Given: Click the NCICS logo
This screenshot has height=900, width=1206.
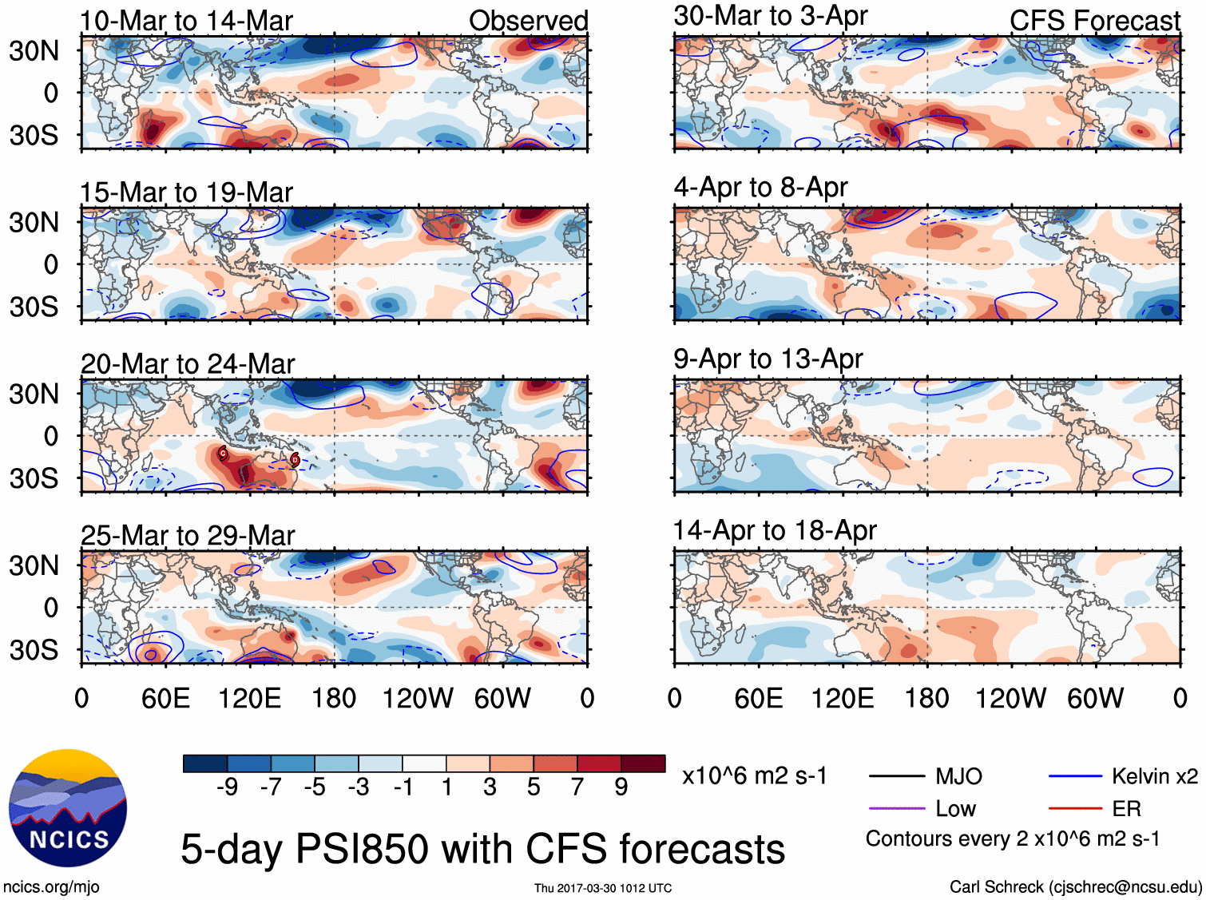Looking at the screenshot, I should click(x=68, y=807).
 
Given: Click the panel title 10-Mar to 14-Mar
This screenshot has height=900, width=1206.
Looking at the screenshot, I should click(x=186, y=21).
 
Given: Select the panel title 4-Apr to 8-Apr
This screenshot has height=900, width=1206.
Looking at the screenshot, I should click(x=760, y=187).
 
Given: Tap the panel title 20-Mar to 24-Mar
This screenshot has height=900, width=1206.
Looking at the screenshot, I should click(x=188, y=364).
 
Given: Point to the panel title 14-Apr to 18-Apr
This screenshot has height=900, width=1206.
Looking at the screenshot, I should click(x=775, y=530).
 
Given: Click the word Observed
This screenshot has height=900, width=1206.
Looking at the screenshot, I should click(x=528, y=21).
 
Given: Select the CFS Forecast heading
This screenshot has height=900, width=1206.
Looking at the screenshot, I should click(x=1094, y=21).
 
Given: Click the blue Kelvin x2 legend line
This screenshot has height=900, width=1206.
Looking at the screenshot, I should click(x=1075, y=776).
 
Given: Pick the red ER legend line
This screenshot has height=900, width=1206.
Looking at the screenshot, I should click(x=1075, y=809).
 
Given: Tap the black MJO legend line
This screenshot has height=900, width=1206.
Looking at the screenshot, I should click(x=896, y=776).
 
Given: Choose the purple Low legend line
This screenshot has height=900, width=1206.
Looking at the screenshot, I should click(x=896, y=809).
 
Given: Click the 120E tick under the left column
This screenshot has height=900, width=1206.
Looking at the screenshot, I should click(x=249, y=699).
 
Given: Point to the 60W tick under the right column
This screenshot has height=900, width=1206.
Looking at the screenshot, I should click(x=1095, y=699).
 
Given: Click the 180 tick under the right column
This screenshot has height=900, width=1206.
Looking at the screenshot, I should click(x=926, y=699).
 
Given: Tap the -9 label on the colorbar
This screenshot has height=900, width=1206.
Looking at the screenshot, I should click(x=228, y=787).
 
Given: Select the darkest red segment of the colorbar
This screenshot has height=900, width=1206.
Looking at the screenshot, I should click(x=643, y=763).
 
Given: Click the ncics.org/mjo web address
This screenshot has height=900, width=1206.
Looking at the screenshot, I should click(x=51, y=886).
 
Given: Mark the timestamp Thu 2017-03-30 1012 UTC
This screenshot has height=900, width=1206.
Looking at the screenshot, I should click(x=603, y=888).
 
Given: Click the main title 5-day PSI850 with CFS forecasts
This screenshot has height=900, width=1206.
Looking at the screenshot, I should click(x=482, y=849).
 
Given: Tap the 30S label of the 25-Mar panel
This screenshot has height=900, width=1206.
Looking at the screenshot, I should click(x=34, y=650).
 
